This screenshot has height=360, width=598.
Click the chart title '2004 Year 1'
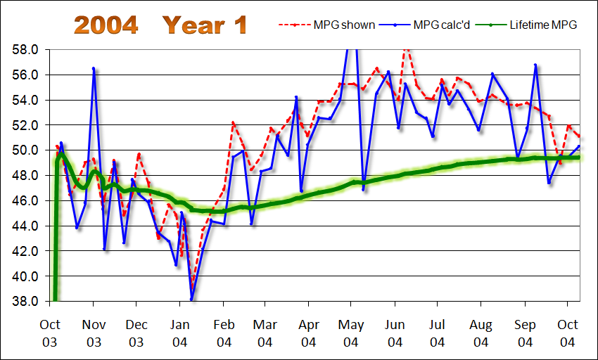[161, 25]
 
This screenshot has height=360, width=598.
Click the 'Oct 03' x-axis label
[50, 333]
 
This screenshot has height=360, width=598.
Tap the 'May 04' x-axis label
[351, 333]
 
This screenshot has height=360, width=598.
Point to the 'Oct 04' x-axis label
[567, 333]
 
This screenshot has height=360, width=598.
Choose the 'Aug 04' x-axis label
[481, 333]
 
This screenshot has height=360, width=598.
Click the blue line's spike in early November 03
[94, 68]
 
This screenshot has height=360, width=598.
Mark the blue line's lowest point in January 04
[192, 299]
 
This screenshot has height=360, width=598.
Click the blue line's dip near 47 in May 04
[364, 189]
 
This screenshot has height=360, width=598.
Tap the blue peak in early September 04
[535, 65]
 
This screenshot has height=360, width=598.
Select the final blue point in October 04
[578, 146]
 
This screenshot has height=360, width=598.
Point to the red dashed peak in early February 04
[233, 123]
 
